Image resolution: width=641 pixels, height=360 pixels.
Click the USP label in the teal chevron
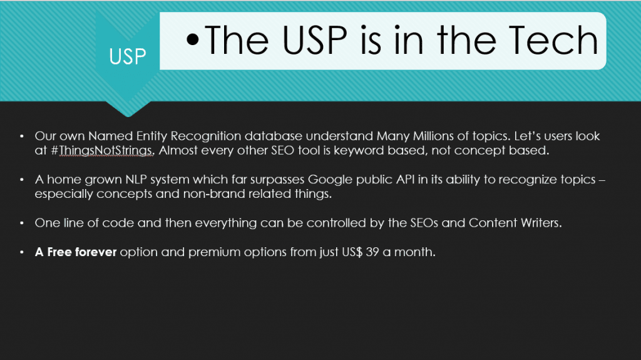point(128,56)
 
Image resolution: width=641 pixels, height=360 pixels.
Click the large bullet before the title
point(193,39)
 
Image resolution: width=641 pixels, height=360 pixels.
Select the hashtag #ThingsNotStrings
point(101,150)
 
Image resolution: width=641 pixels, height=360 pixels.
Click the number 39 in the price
point(372,252)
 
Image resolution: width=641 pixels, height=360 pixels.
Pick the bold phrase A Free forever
point(76,252)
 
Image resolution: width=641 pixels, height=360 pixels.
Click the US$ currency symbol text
point(352,252)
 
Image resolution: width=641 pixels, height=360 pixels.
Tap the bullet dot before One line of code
point(22,223)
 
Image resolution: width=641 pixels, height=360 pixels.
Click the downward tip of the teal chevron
point(128,116)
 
